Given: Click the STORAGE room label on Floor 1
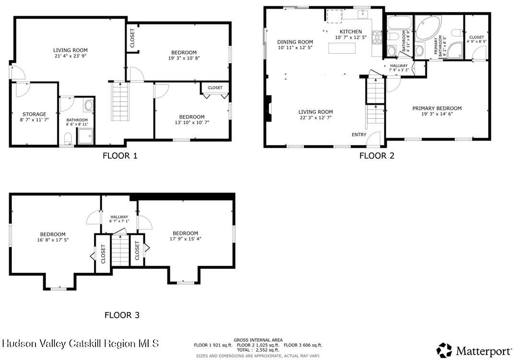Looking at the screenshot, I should (x=35, y=115).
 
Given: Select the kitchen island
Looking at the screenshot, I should (x=343, y=48).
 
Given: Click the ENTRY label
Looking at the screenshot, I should (x=359, y=135).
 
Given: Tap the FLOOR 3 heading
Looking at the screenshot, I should (x=122, y=315).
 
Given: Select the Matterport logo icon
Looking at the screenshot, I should (x=444, y=350).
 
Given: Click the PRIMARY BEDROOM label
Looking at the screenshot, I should (x=436, y=108).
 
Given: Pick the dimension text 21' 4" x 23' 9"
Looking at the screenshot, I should (x=70, y=56).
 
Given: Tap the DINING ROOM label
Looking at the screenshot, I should (x=295, y=42).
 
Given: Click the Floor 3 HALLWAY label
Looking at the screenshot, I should (x=119, y=217).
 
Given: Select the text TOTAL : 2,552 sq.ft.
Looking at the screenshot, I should (x=258, y=350).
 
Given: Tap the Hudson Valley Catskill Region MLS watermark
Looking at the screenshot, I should (x=80, y=343).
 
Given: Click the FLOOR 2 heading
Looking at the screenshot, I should (x=377, y=155).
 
